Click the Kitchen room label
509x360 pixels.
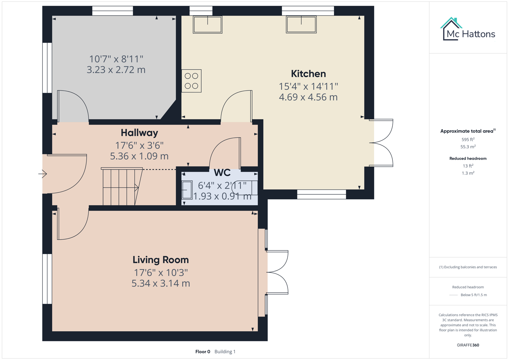(308, 74)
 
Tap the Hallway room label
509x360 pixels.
(139, 133)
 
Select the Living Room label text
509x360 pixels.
(161, 260)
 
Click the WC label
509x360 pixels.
(222, 173)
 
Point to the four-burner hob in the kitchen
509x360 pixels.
(191, 81)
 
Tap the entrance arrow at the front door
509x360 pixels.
(42, 174)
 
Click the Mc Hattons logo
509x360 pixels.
(468, 30)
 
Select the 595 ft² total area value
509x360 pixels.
(468, 139)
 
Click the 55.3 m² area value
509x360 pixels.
(468, 147)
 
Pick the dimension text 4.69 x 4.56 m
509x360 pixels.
(308, 97)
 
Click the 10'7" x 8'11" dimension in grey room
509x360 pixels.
(116, 59)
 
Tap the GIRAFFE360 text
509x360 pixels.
(468, 345)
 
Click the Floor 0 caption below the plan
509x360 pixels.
(203, 352)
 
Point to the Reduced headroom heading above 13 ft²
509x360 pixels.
(468, 158)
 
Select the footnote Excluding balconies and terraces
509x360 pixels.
(468, 267)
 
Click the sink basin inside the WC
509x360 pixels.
(187, 190)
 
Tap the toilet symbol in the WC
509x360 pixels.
(244, 187)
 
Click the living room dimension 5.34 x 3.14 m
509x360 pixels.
(161, 283)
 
